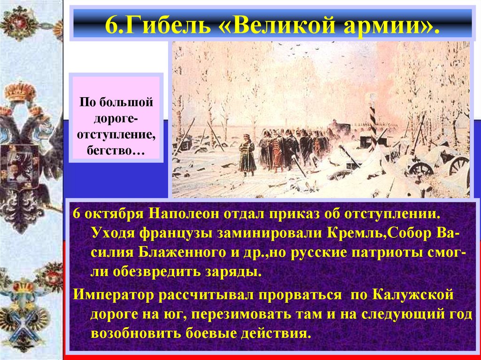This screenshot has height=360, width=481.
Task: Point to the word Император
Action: [x=112, y=296]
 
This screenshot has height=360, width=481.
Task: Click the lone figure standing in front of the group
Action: [x=248, y=154]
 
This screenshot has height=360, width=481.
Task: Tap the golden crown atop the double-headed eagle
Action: [x=21, y=91]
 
